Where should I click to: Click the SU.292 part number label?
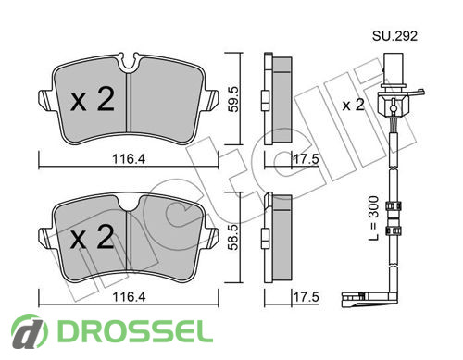pos(394,36)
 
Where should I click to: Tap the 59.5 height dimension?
pos(233,99)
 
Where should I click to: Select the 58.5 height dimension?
pos(233,237)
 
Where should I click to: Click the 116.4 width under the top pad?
pos(129,159)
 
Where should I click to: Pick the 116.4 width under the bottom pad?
pos(129,297)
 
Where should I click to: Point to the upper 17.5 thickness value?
pos(306,159)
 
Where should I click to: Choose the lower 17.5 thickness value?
pos(306,297)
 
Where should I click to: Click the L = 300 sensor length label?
pos(373,218)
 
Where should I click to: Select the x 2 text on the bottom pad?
pos(93,237)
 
